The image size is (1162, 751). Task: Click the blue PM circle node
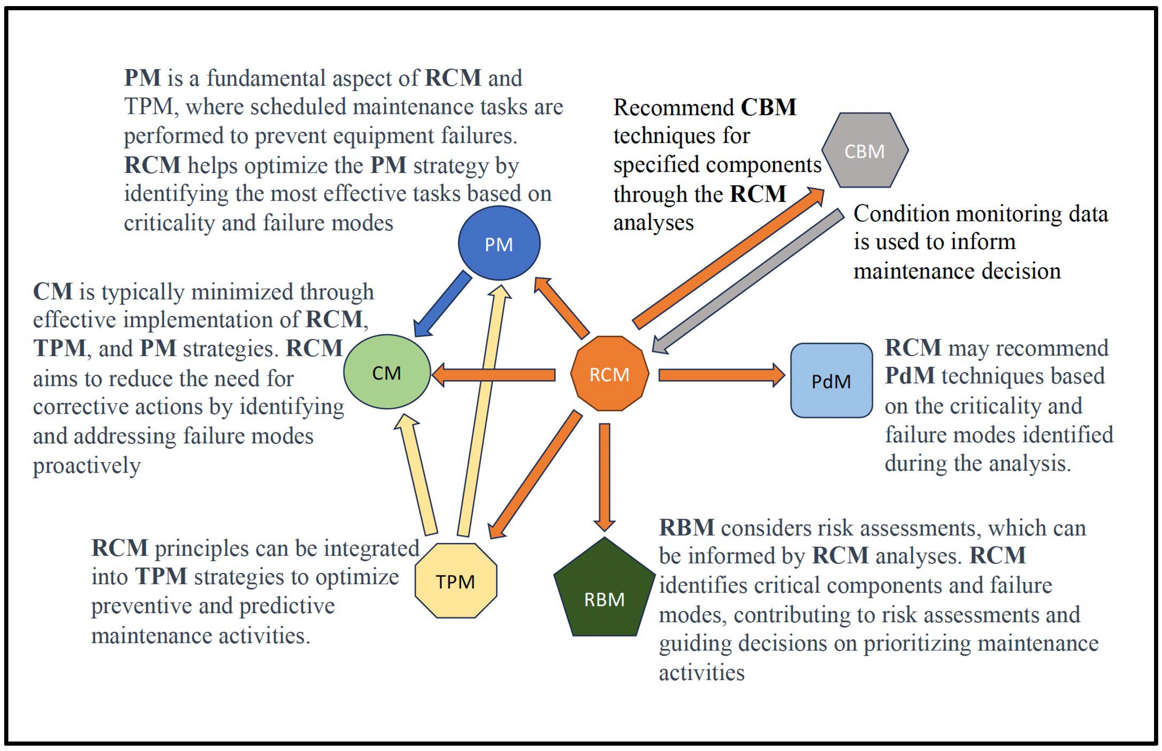coord(498,243)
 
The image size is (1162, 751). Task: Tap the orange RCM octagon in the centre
coord(609,374)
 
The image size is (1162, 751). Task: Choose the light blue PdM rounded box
coord(831,380)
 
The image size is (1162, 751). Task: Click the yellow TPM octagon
coord(455,581)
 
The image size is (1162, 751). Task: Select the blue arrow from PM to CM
coord(442,304)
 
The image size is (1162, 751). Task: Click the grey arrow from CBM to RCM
coord(748,281)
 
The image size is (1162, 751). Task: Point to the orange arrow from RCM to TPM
coord(536,473)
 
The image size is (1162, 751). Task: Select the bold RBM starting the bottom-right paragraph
coord(686,528)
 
